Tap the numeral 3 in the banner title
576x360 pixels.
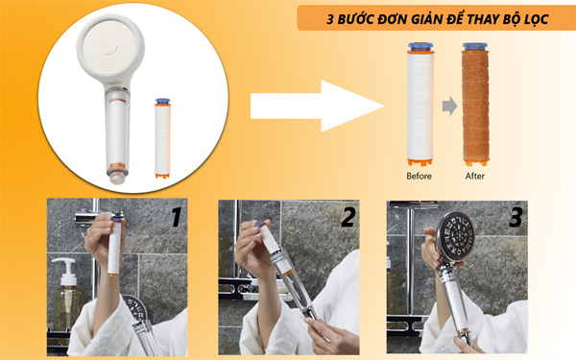(x=330, y=17)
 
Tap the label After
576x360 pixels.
(x=474, y=176)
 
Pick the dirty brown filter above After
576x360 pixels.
(x=475, y=106)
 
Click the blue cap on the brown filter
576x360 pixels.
(x=475, y=47)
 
